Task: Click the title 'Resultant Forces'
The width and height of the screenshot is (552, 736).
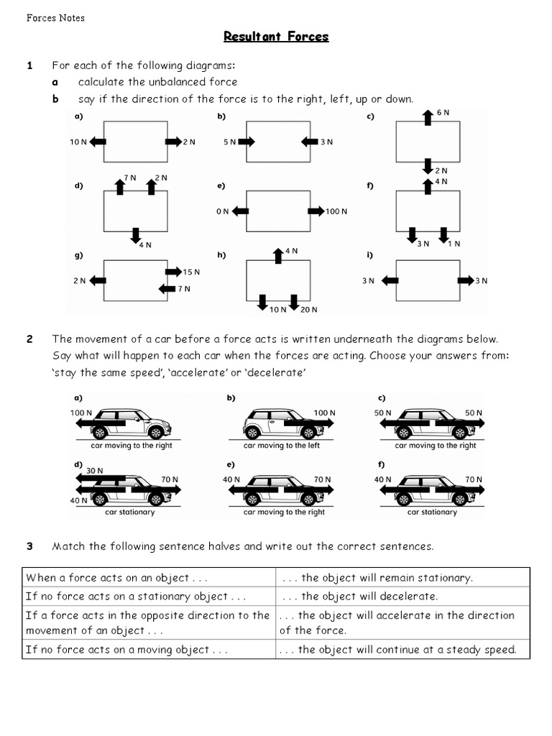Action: tap(276, 36)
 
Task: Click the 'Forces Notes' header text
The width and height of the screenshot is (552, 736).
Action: tap(55, 18)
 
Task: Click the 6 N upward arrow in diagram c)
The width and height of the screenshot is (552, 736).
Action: tap(428, 118)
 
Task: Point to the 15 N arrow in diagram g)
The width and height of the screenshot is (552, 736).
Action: tap(173, 272)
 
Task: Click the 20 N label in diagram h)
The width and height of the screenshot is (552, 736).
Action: tap(308, 310)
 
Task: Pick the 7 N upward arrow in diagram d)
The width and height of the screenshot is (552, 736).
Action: tap(120, 186)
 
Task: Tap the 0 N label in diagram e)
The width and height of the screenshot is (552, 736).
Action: tap(221, 211)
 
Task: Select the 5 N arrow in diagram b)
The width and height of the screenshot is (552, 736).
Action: tap(247, 142)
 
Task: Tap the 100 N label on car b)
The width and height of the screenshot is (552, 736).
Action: tap(324, 413)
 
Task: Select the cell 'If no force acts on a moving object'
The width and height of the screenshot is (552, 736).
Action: tap(127, 650)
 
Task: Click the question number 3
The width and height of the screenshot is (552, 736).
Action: tap(30, 546)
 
